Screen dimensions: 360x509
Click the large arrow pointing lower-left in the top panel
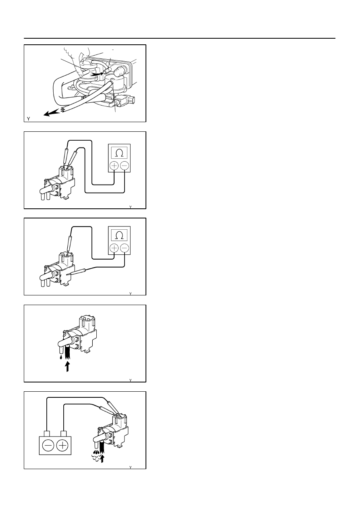[x=53, y=112]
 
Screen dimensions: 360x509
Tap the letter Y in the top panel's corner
[x=28, y=118]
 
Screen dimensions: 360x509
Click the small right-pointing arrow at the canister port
[x=99, y=73]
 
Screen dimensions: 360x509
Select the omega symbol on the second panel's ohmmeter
[x=119, y=154]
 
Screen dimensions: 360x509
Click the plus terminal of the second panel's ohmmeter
[x=114, y=166]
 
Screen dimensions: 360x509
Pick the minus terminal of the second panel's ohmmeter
[x=125, y=166]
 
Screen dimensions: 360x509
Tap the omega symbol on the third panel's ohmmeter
[x=119, y=236]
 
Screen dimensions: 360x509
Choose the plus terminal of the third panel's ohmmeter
[x=114, y=248]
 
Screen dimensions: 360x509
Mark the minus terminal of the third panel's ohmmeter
[x=125, y=248]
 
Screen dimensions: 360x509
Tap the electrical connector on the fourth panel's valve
[x=87, y=323]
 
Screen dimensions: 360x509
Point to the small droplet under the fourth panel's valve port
[x=61, y=357]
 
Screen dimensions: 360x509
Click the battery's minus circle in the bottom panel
[x=48, y=445]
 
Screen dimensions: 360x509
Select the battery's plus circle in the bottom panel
[x=62, y=445]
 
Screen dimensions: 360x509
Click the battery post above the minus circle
[x=47, y=434]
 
